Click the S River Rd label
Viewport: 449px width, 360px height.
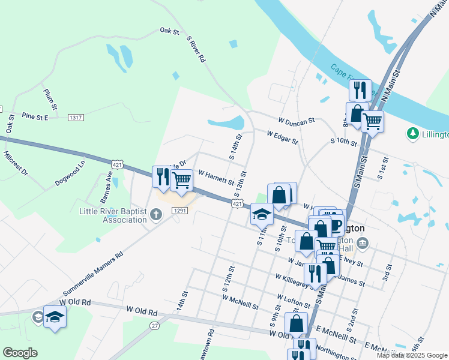(196, 49)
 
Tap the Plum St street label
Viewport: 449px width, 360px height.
(50, 98)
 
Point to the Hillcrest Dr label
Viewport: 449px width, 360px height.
(16, 163)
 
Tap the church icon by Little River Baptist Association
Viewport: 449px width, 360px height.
(155, 214)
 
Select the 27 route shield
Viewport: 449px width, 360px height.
(155, 325)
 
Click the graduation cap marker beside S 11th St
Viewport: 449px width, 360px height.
(262, 214)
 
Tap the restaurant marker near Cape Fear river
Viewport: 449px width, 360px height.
(360, 91)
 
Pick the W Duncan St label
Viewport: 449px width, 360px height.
(296, 121)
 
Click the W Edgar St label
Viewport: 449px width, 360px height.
(282, 137)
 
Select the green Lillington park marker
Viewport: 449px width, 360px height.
(412, 133)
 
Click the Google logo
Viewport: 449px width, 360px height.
(20, 353)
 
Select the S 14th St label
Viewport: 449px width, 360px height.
(236, 146)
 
